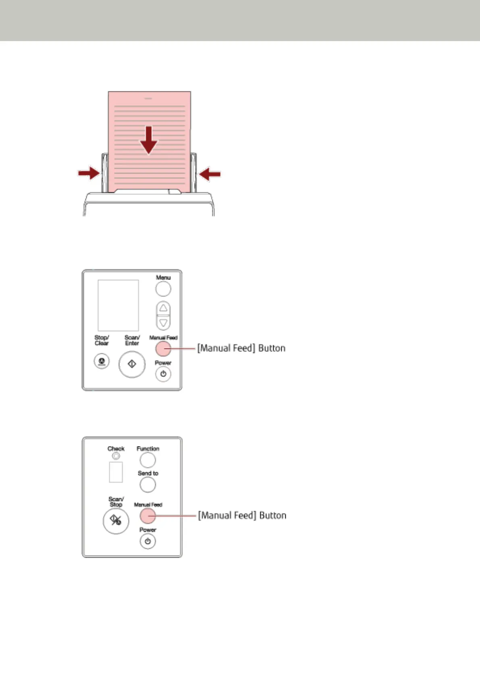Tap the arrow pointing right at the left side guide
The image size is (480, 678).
89,174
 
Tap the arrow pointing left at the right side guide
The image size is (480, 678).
210,174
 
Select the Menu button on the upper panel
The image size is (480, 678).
163,289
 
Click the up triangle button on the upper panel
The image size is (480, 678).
163,308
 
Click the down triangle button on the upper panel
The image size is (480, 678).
163,322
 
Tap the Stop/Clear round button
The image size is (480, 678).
102,361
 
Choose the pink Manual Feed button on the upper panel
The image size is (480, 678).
163,349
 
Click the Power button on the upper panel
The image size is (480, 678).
163,374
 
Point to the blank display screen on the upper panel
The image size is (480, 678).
118,305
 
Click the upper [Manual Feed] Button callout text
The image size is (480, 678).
241,348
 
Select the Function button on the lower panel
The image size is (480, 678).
148,460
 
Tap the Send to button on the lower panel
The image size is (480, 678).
148,485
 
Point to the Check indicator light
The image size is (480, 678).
116,456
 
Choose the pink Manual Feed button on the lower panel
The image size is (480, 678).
148,516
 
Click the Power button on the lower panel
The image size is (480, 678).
148,542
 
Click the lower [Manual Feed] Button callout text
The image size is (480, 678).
242,516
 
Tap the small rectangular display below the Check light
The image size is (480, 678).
116,472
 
